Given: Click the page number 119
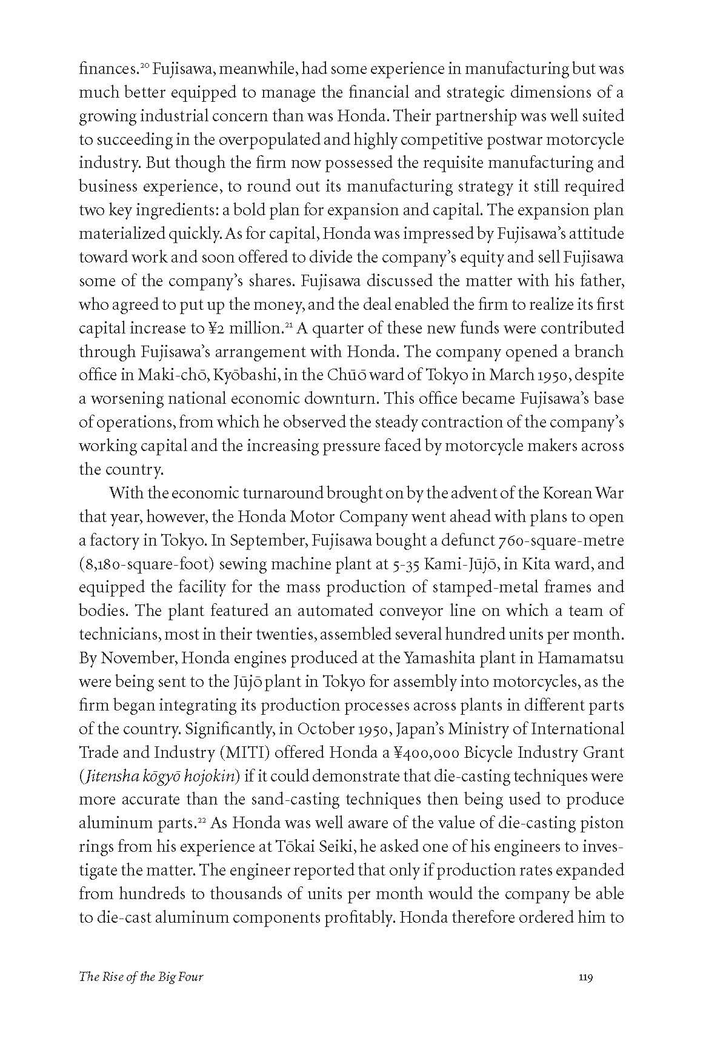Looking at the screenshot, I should (x=585, y=994).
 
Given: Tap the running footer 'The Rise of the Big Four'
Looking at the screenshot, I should (x=141, y=994).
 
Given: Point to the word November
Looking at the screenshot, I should (x=138, y=658).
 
